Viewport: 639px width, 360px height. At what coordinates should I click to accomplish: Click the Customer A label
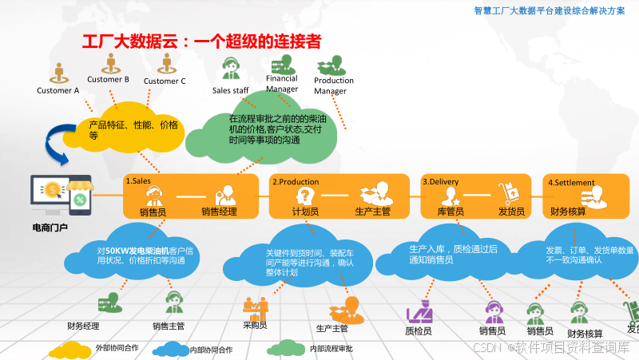pyautogui.click(x=58, y=90)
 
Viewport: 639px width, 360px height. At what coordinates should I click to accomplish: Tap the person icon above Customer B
pyautogui.click(x=108, y=62)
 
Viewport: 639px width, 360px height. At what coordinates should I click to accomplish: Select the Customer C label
pyautogui.click(x=165, y=81)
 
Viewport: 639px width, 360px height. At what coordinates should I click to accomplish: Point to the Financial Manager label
pyautogui.click(x=282, y=84)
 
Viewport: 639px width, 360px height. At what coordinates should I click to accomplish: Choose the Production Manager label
pyautogui.click(x=334, y=86)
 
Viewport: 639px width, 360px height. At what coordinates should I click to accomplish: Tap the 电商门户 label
pyautogui.click(x=50, y=227)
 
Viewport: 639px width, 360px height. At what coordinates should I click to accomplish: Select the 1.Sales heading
pyautogui.click(x=138, y=182)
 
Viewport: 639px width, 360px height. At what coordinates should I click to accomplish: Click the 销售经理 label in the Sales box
pyautogui.click(x=220, y=212)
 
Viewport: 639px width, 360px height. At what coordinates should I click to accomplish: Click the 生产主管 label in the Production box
pyautogui.click(x=372, y=212)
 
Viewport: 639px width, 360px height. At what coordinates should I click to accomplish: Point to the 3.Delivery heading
pyautogui.click(x=440, y=182)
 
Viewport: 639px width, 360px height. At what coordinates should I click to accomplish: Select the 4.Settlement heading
pyautogui.click(x=571, y=182)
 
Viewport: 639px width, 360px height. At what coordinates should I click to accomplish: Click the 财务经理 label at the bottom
pyautogui.click(x=83, y=326)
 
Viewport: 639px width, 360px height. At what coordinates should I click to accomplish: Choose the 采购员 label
pyautogui.click(x=255, y=325)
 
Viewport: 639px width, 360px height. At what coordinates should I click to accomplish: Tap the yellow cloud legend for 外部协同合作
pyautogui.click(x=70, y=349)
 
